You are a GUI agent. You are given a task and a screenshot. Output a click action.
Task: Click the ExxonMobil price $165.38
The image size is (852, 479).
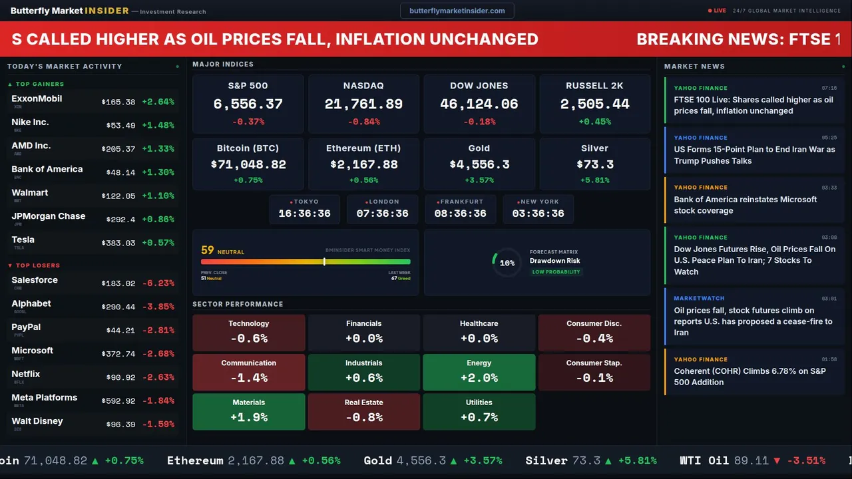[x=118, y=102]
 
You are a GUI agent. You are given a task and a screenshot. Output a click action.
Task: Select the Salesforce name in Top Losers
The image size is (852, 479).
[x=35, y=280]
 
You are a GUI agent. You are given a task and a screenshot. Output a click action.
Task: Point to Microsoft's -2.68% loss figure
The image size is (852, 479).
[x=158, y=354]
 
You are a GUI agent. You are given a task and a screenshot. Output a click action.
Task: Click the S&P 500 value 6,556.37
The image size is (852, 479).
[x=248, y=104]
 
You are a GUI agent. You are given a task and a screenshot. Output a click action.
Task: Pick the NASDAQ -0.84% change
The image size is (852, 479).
[x=363, y=122]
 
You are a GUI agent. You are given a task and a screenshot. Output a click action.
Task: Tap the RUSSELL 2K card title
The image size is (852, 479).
[x=594, y=86]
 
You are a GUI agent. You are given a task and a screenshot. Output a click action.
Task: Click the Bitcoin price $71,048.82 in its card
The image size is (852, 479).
[x=248, y=164]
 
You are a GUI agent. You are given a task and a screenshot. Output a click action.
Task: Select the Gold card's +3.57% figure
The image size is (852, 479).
[x=479, y=180]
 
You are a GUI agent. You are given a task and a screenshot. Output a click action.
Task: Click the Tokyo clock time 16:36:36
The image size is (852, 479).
[x=304, y=214]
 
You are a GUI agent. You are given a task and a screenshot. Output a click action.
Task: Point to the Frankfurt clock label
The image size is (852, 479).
[x=461, y=202]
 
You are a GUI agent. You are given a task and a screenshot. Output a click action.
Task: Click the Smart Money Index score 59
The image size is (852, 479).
[x=208, y=251]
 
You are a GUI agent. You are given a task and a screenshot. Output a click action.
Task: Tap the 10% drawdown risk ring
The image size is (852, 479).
[x=507, y=263]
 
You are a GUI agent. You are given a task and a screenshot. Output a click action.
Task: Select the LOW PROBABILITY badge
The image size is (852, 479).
[x=556, y=272]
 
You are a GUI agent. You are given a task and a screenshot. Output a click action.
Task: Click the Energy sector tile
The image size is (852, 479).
[x=479, y=372]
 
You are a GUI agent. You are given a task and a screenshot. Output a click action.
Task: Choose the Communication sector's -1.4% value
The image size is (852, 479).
[x=248, y=378]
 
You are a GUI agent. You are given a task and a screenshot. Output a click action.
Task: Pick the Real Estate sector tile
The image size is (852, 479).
[x=363, y=411]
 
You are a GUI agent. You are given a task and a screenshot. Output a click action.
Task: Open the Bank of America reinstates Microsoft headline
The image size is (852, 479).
[x=745, y=205]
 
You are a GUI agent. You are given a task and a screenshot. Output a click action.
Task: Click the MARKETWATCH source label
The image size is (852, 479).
[x=699, y=299]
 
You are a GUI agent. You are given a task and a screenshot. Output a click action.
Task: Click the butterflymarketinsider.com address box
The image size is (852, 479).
[x=457, y=11]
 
